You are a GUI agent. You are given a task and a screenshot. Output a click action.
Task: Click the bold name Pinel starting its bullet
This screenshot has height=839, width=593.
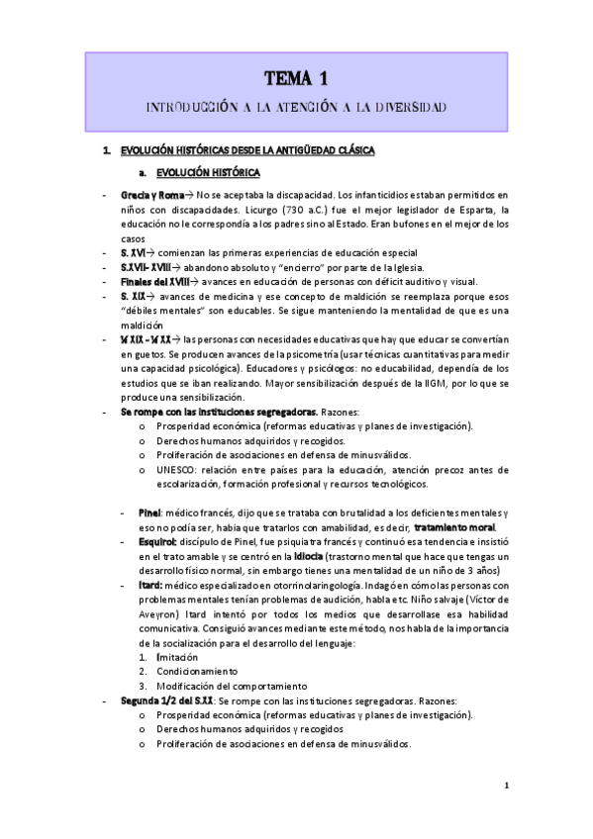pos(150,514)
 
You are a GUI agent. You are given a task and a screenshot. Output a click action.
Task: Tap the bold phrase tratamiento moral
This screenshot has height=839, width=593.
pos(454,528)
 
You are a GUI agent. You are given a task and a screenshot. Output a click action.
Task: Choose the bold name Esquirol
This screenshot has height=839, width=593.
pos(157,542)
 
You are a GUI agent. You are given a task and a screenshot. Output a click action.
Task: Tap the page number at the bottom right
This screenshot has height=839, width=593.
pos(506,787)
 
